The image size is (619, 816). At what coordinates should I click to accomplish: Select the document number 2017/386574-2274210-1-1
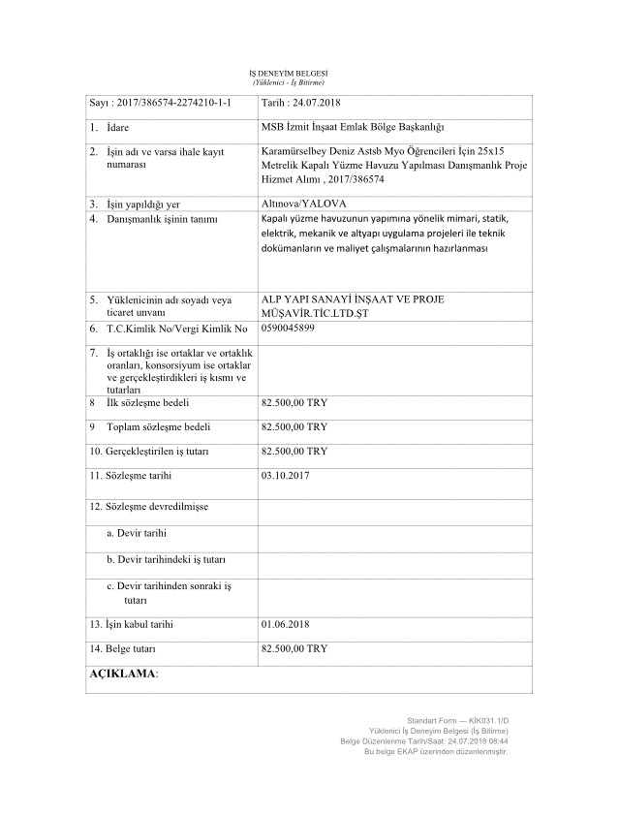170,103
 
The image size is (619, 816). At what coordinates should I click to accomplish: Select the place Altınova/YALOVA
304,204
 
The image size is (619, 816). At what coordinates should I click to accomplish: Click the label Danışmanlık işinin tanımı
159,220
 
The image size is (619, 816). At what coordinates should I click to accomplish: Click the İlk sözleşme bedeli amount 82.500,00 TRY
294,400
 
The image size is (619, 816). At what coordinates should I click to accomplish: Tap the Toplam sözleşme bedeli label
154,425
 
